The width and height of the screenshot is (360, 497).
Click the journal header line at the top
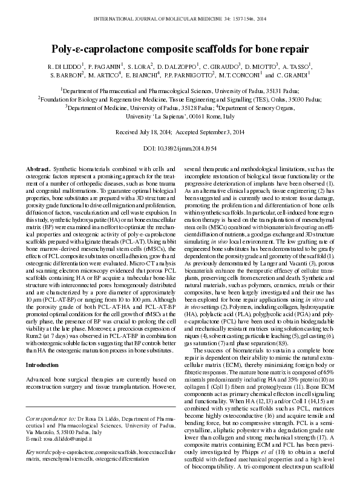pyautogui.click(x=180, y=19)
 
